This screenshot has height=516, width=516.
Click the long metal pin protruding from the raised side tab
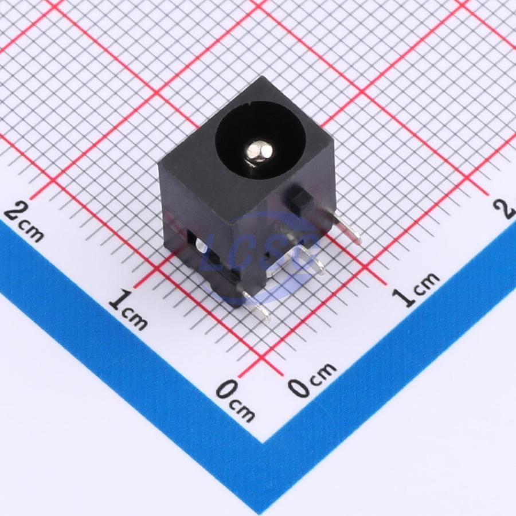click(346, 228)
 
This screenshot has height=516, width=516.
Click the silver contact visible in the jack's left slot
click(201, 246)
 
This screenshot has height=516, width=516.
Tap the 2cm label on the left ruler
click(24, 223)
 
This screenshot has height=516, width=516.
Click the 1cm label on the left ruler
click(128, 310)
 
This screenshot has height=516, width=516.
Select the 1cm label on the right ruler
click(417, 290)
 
